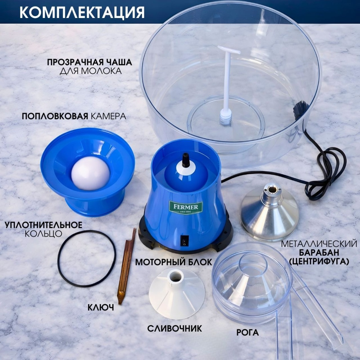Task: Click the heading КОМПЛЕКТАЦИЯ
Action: [x=82, y=12]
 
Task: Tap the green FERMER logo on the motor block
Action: [x=186, y=207]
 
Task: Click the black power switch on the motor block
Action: [x=184, y=241]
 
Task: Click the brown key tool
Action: [x=126, y=266]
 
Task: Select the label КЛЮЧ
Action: [x=101, y=307]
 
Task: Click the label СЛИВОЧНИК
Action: [x=175, y=328]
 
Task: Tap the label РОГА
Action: [x=247, y=332]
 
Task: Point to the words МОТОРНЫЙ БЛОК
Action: [x=174, y=262]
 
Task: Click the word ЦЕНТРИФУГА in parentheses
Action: [x=319, y=261]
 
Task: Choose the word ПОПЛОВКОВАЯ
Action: [x=55, y=116]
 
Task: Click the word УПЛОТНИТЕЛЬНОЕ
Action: [x=43, y=225]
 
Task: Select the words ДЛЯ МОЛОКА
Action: [x=91, y=71]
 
